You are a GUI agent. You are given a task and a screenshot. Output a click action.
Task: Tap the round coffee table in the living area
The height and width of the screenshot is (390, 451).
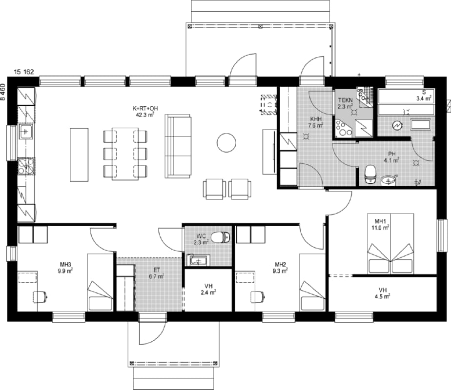[226, 143]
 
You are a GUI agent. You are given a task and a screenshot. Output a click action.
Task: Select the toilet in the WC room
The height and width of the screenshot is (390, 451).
[221, 237]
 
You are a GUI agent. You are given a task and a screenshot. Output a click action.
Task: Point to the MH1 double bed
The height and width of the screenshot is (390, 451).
[390, 244]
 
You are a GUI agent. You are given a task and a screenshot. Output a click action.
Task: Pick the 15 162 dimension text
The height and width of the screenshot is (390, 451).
[24, 72]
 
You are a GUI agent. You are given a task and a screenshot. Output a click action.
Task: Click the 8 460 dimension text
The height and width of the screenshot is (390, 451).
[3, 92]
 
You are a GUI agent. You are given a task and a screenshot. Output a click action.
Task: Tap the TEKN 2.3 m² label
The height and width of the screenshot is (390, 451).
[345, 103]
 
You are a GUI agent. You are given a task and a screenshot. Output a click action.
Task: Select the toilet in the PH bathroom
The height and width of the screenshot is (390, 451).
[370, 174]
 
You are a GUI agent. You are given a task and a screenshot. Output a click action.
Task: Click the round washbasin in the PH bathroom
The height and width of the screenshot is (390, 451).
[389, 181]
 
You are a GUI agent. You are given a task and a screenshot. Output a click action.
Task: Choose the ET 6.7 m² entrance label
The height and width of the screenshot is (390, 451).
[157, 273]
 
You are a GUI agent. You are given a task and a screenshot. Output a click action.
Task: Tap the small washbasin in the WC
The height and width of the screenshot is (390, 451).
[199, 260]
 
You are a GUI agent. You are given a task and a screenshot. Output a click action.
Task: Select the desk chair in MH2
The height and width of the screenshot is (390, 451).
[257, 297]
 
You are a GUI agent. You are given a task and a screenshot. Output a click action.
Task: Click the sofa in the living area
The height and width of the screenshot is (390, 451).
[178, 146]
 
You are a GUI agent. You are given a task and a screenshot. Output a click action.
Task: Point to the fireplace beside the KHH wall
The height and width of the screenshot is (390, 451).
[268, 105]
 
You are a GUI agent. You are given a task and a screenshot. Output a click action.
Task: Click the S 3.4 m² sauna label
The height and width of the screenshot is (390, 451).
[424, 96]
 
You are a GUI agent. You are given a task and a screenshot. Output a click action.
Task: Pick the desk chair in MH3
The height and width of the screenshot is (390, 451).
[40, 297]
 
